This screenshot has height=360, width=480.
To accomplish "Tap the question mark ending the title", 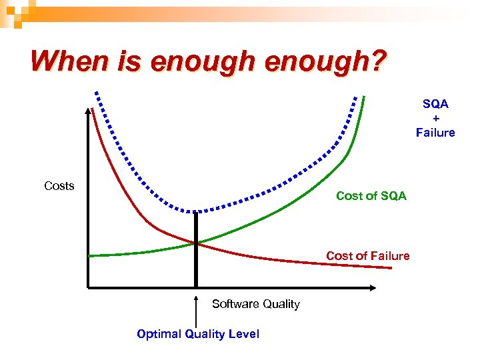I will (x=377, y=61).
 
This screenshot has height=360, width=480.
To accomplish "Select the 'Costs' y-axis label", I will (x=59, y=186).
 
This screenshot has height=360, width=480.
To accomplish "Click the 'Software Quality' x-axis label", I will (x=255, y=304).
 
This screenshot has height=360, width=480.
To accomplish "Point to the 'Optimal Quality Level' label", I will (x=197, y=334).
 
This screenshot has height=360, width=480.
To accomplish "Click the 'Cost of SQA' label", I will (x=371, y=196).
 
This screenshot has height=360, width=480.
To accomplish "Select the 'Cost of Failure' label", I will (x=367, y=256).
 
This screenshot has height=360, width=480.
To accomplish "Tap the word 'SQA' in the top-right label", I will (x=435, y=104).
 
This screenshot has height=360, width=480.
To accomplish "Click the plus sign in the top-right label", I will (x=435, y=118).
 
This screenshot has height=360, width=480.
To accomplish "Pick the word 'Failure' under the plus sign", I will (x=435, y=133).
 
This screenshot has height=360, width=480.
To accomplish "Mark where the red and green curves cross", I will (x=196, y=243).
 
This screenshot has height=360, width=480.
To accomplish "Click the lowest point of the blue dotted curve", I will (x=196, y=211).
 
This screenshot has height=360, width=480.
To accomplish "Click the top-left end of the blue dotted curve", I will (x=97, y=93).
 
